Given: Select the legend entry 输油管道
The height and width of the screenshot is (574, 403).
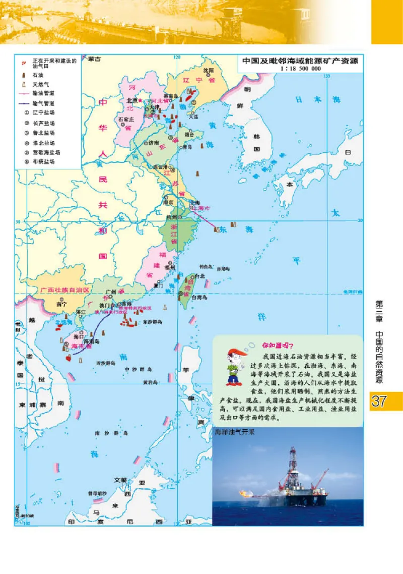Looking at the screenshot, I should pos(43,94).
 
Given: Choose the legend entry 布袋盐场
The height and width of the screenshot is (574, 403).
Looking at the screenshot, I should pos(43,162).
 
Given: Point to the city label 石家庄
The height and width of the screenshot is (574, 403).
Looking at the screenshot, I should pos(125,119).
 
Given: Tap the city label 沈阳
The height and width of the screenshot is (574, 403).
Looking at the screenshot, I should pos(209,70).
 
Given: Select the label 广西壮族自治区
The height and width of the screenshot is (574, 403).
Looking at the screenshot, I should pos(65,291).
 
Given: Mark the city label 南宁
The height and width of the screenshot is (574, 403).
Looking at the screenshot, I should pos(61,304).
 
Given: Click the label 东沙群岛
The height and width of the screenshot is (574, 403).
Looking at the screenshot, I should pos(152,321).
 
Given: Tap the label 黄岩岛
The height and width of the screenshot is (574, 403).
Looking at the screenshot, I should pos(150,382).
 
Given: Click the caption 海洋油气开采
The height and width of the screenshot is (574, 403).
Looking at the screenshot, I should pos(235,432).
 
